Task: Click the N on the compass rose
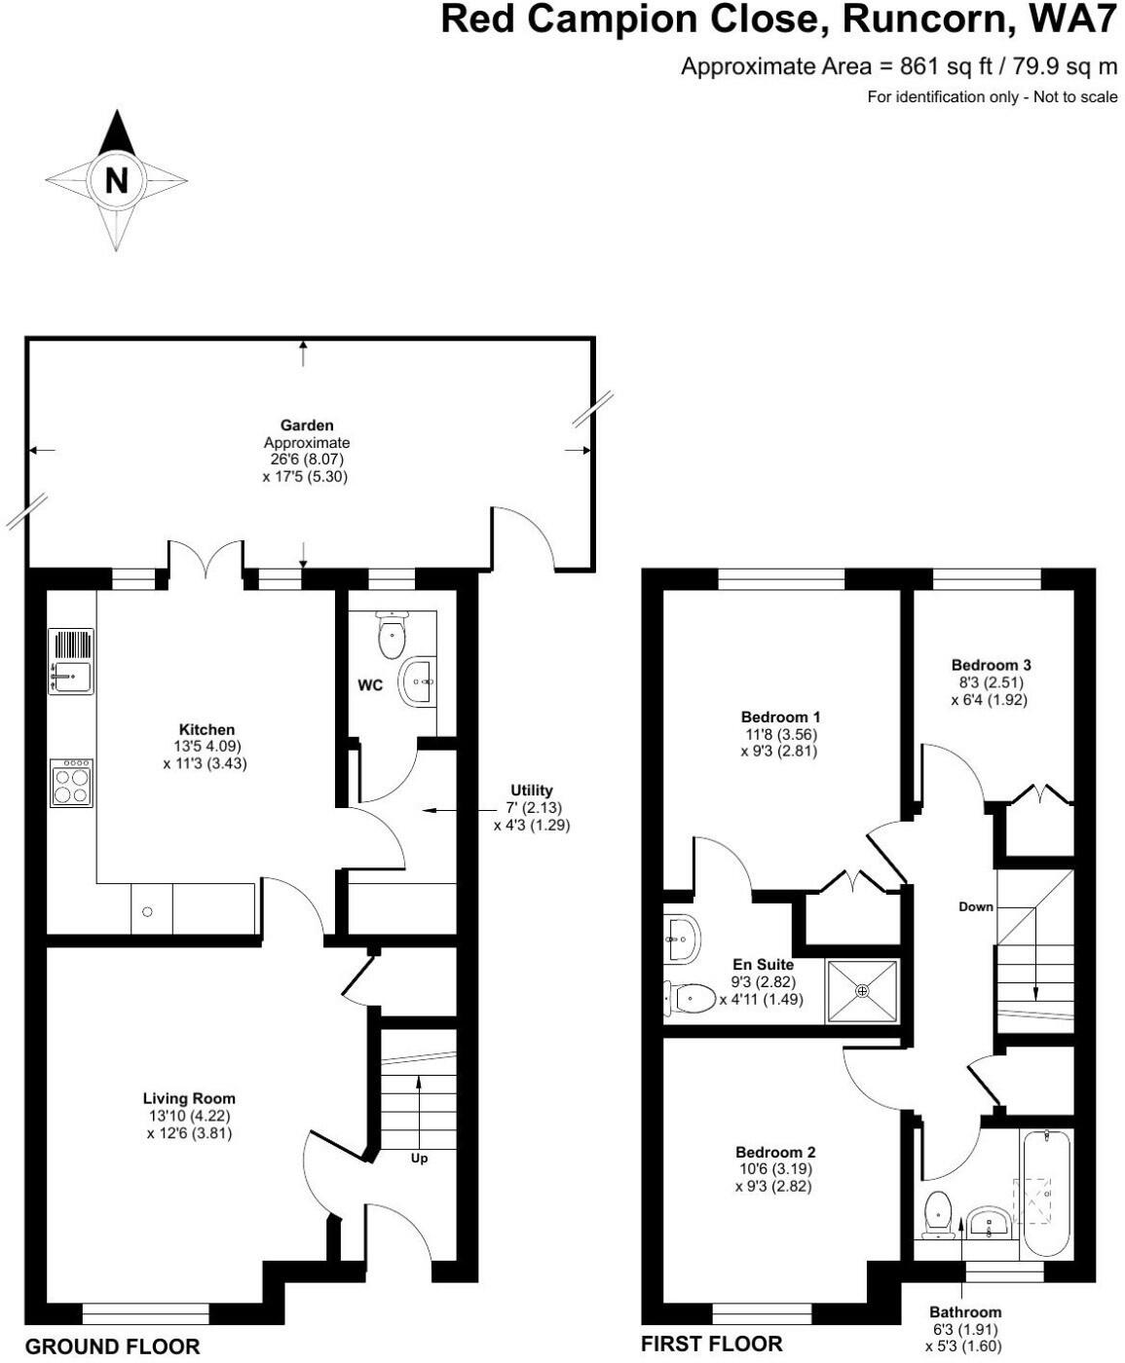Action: (x=116, y=180)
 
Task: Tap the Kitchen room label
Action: (x=206, y=729)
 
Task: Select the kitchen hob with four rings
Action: (x=72, y=784)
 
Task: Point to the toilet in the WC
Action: (x=391, y=636)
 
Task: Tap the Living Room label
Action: (x=189, y=1098)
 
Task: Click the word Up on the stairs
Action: (x=418, y=1159)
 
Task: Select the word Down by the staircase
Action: (x=975, y=906)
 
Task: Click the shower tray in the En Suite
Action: (x=862, y=991)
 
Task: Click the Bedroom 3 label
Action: (x=991, y=665)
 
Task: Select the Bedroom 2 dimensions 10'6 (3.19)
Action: (x=774, y=1169)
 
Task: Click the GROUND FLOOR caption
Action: (x=112, y=1347)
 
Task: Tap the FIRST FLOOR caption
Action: (x=711, y=1345)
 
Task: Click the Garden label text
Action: (x=307, y=425)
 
